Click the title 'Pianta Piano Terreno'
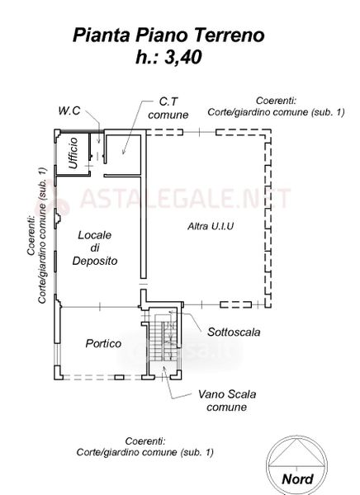[x=168, y=35]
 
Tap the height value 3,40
[x=182, y=58]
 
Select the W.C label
[x=69, y=111]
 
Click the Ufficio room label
[x=73, y=153]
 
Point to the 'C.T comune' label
[x=168, y=108]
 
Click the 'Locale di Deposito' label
[x=95, y=247]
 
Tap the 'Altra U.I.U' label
[x=211, y=226]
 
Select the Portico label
[x=103, y=343]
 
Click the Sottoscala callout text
[x=234, y=332]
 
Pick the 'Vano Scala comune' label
[x=227, y=400]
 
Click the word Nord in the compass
[x=297, y=478]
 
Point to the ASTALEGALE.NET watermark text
[x=185, y=198]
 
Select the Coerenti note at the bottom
[x=145, y=446]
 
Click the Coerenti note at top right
[x=276, y=106]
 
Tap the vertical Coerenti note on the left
[x=36, y=235]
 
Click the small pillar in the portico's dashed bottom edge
[x=119, y=377]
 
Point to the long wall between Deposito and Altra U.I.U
[x=143, y=205]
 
